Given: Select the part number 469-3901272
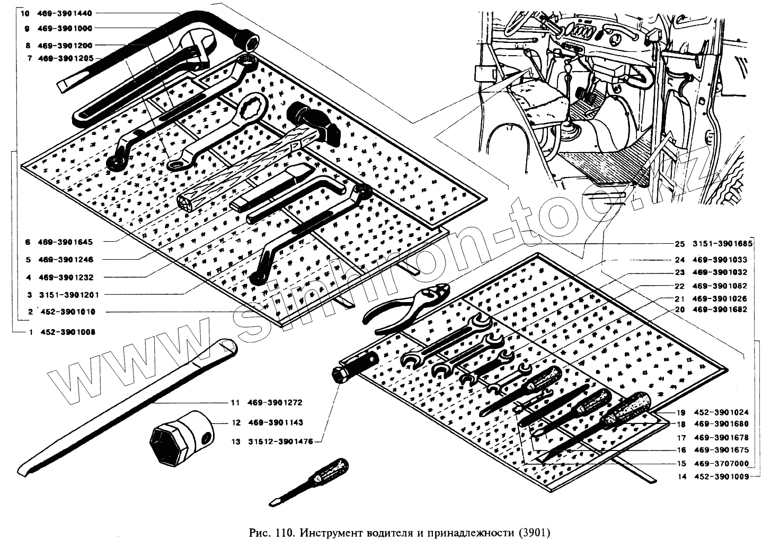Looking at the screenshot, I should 274,402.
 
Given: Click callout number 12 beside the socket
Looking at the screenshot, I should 236,422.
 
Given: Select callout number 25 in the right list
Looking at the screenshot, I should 680,244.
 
